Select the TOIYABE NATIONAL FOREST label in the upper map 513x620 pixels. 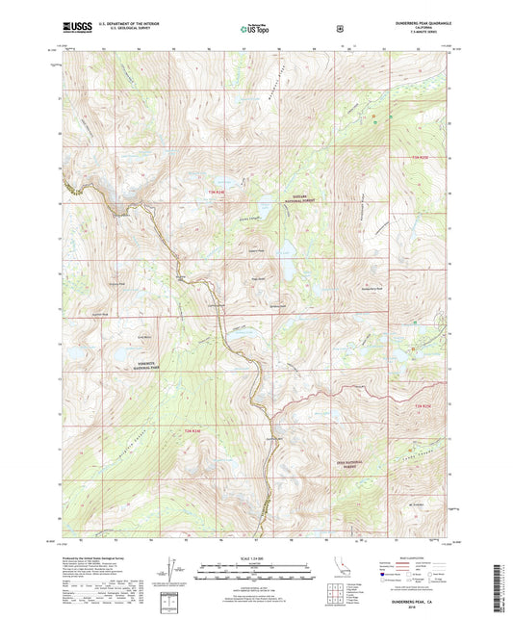(304, 199)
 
